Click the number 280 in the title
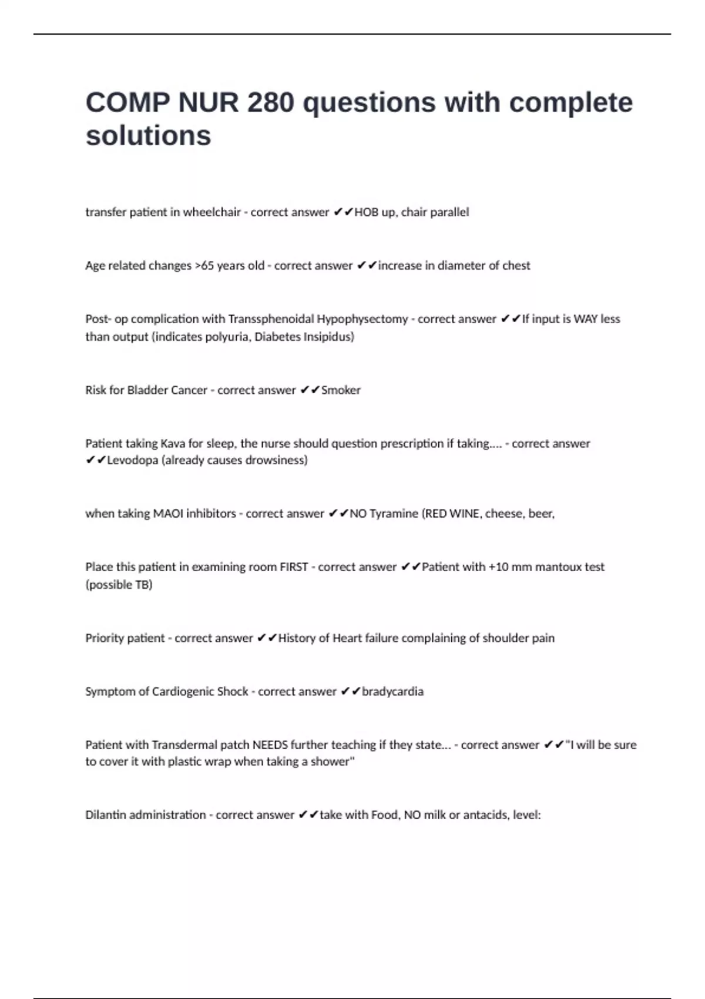(x=270, y=103)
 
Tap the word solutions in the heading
(x=148, y=136)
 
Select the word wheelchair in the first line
(x=211, y=212)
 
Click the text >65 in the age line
(x=204, y=266)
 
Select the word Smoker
(x=341, y=390)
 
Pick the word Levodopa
(x=133, y=460)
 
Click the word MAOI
(x=168, y=514)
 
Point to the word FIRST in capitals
(x=294, y=567)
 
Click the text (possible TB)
(x=119, y=585)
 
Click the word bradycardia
(x=392, y=692)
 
